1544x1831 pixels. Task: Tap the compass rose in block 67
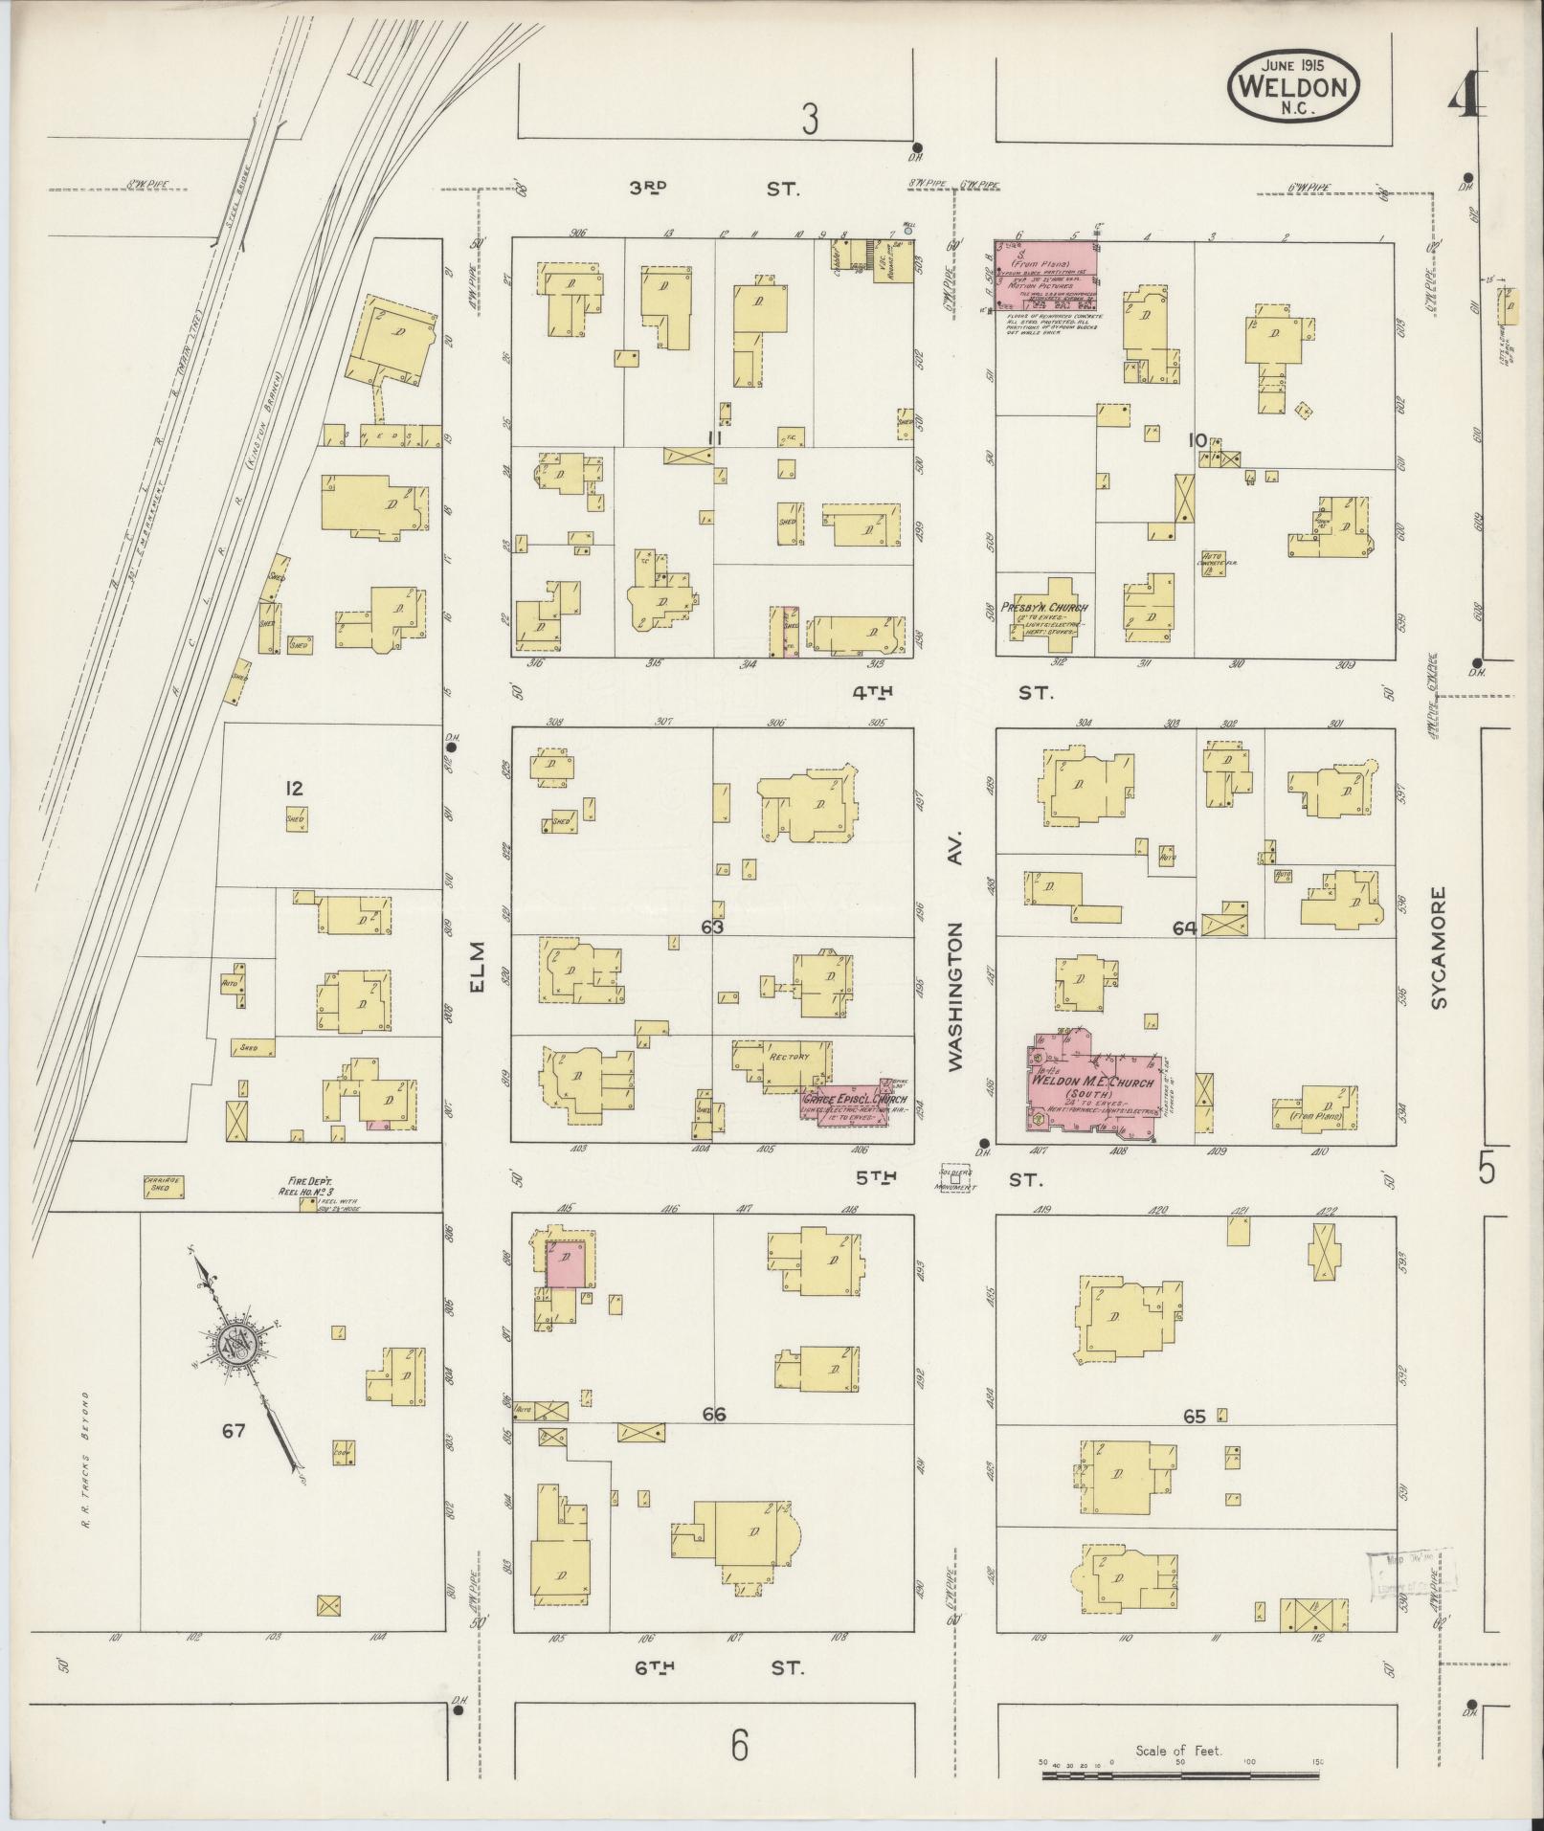(235, 1344)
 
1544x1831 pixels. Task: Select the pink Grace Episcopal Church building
(854, 1101)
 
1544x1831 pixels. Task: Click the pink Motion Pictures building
(1045, 275)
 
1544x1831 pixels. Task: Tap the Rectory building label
(788, 1058)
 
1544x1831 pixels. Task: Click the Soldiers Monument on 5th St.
(955, 1178)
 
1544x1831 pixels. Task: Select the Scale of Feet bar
(1179, 1775)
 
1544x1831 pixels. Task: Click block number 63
(711, 927)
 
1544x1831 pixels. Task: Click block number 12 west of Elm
(294, 789)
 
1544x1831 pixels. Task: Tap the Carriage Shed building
(163, 1187)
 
